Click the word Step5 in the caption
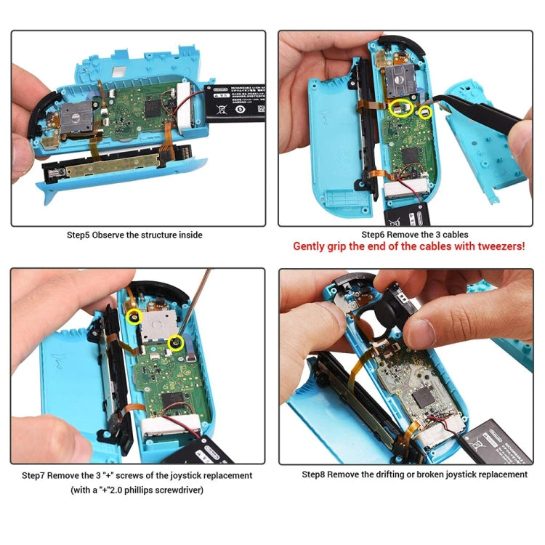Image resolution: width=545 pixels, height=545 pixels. (79, 235)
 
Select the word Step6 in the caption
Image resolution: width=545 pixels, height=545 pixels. (374, 235)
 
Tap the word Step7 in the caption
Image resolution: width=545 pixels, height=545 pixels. (34, 475)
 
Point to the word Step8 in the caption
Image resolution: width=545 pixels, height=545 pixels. (315, 475)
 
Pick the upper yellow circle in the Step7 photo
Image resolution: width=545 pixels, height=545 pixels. (134, 316)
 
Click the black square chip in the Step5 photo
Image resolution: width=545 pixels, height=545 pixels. (154, 107)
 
